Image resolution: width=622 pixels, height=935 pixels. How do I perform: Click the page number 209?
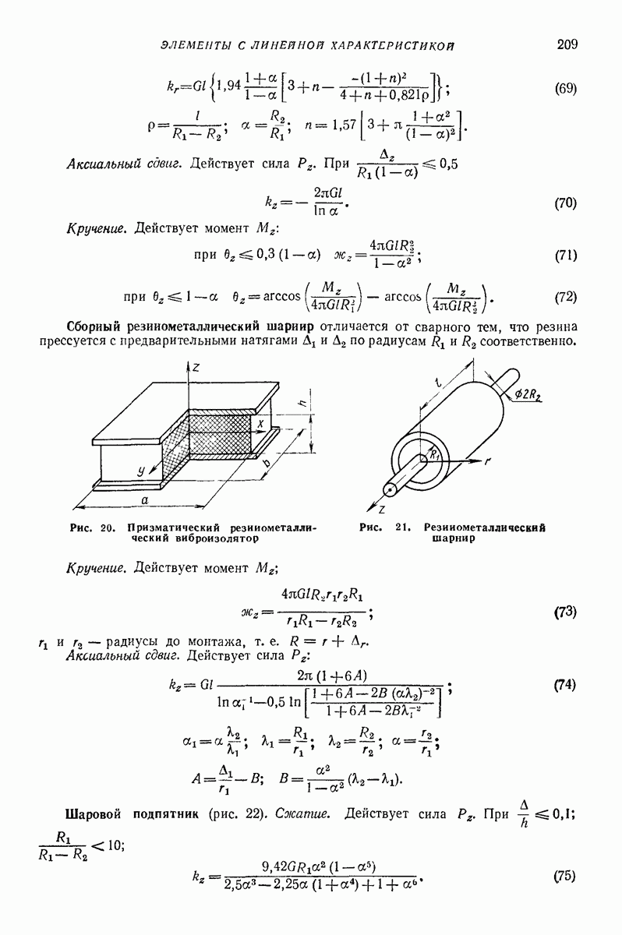567,44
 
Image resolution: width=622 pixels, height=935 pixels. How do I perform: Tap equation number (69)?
565,88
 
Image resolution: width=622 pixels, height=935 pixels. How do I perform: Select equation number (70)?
565,204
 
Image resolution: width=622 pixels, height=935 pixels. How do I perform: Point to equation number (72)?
565,297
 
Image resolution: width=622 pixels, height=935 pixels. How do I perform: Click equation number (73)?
565,612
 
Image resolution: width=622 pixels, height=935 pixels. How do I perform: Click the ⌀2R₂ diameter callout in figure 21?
534,395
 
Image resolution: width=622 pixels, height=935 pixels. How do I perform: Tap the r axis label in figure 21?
487,461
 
